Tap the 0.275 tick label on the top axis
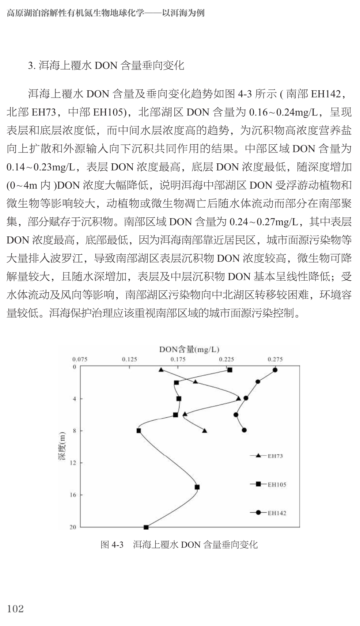click(x=275, y=359)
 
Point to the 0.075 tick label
click(x=80, y=359)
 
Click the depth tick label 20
click(x=73, y=527)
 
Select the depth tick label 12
click(x=73, y=463)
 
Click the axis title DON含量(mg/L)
click(x=189, y=350)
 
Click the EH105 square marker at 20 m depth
click(x=146, y=527)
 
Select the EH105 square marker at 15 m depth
click(x=197, y=487)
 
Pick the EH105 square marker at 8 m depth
click(x=139, y=430)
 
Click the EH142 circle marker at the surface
click(x=275, y=370)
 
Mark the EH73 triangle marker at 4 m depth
click(x=238, y=398)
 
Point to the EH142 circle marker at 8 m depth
click(x=244, y=430)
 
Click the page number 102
click(x=15, y=608)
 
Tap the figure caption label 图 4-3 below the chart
click(x=112, y=545)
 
